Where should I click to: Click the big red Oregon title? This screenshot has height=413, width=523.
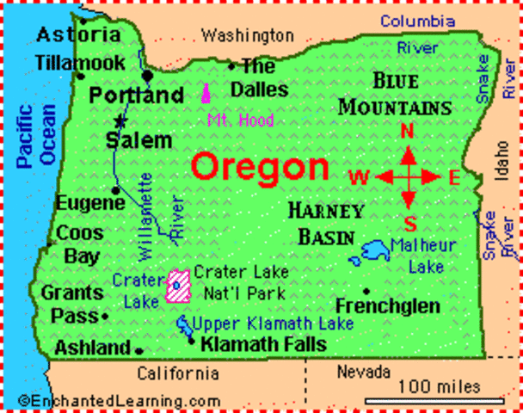pyautogui.click(x=259, y=167)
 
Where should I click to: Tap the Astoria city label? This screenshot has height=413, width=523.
pyautogui.click(x=78, y=35)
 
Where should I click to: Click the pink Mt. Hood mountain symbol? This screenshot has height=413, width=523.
pyautogui.click(x=206, y=94)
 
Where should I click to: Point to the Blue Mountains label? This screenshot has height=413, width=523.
pyautogui.click(x=395, y=95)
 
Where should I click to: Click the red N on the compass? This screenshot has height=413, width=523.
pyautogui.click(x=409, y=132)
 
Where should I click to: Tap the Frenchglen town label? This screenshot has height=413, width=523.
pyautogui.click(x=387, y=306)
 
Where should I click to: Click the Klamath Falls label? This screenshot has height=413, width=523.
pyautogui.click(x=262, y=345)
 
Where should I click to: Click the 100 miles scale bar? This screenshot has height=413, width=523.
pyautogui.click(x=438, y=399)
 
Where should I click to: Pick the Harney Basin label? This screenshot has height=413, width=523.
pyautogui.click(x=326, y=222)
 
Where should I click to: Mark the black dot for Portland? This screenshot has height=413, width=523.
pyautogui.click(x=148, y=76)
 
